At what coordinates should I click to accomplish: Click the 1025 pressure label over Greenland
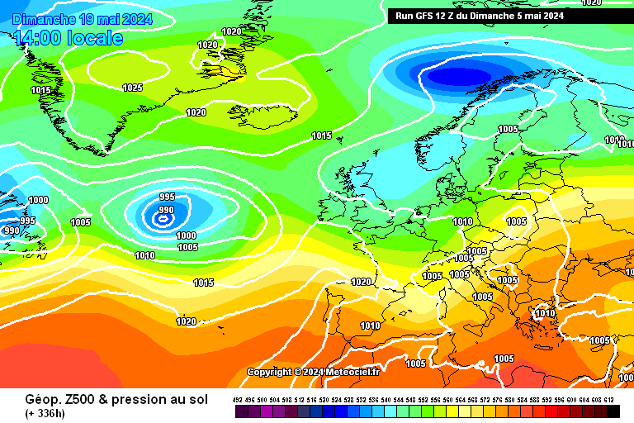[132, 88]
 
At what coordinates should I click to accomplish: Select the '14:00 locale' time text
[69, 38]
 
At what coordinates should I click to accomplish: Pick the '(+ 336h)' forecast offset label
[45, 413]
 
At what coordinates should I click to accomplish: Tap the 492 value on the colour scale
[238, 399]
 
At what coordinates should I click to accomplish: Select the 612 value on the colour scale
[608, 399]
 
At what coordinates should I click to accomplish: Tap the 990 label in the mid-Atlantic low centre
[166, 210]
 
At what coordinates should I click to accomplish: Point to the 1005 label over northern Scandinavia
[509, 129]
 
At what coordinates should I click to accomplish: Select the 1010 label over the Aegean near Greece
[545, 314]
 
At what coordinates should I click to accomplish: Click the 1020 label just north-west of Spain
[361, 282]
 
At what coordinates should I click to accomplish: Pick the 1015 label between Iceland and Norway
[322, 135]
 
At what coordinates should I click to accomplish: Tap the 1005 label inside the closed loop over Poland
[517, 221]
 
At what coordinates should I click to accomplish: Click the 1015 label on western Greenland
[41, 90]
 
